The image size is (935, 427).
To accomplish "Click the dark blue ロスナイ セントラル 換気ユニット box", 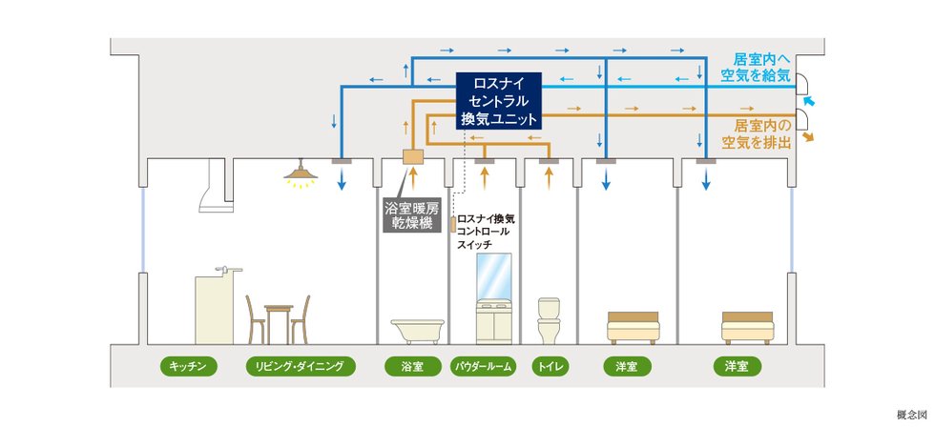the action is point(498,101).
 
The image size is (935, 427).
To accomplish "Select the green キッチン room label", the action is point(188,366).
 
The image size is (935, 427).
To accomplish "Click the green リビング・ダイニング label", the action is point(301,366).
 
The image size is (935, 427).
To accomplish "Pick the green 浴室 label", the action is point(412,366).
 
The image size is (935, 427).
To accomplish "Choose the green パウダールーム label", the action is point(483,366).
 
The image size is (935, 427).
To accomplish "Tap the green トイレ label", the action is point(551,366).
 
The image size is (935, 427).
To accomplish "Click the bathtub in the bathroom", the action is point(418,331).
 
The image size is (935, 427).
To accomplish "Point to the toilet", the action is point(549,320).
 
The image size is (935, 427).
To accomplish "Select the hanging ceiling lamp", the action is point(301,173).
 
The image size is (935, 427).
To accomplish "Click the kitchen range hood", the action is point(214,185).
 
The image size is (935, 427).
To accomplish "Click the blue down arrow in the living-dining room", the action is point(342,178).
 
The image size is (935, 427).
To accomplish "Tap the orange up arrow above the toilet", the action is point(550,178).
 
